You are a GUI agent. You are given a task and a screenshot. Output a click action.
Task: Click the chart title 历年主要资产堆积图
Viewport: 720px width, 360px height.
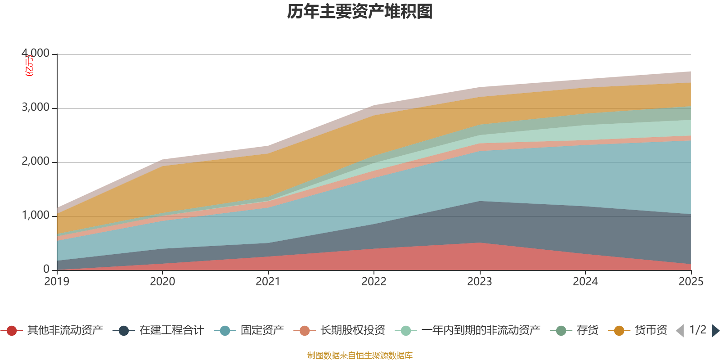click(360, 12)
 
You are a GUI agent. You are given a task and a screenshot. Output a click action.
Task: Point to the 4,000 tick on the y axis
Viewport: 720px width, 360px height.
click(36, 54)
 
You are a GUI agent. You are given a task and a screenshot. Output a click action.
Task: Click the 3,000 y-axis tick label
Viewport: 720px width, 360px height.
click(36, 108)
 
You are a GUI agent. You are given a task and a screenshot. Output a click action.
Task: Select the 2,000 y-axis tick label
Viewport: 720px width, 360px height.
click(36, 162)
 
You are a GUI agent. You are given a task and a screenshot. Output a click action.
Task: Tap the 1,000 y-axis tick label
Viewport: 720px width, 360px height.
click(36, 216)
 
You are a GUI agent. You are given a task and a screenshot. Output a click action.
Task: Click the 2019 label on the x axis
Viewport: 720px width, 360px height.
click(57, 282)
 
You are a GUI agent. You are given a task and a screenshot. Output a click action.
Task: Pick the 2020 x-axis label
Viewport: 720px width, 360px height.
click(162, 282)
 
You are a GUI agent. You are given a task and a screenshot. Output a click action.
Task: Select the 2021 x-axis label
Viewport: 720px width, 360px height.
click(268, 282)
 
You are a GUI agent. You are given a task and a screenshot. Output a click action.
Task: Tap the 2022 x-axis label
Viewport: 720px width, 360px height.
click(374, 282)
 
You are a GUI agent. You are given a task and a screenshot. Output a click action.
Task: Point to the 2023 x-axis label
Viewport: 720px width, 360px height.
click(480, 282)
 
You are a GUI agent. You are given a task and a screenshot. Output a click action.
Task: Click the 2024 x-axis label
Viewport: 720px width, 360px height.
click(585, 282)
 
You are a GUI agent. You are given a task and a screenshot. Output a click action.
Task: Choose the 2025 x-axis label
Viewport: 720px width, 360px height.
click(691, 282)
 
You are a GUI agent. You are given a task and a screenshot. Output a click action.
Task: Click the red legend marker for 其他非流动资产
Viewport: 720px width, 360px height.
click(12, 331)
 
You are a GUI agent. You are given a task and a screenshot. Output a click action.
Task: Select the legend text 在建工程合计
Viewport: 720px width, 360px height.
click(171, 331)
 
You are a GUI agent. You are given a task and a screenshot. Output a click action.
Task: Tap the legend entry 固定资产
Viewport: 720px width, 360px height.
click(262, 331)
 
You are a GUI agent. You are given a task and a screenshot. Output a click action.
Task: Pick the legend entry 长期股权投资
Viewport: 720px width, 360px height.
click(353, 331)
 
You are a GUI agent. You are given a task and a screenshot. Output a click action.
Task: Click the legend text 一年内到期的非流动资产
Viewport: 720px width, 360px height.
click(481, 331)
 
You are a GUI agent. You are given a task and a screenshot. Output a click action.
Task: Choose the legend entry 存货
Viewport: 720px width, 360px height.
click(587, 331)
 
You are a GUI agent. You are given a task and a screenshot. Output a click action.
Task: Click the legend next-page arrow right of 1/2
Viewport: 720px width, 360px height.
click(715, 331)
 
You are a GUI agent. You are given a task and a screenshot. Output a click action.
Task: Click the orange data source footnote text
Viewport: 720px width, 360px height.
click(360, 355)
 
